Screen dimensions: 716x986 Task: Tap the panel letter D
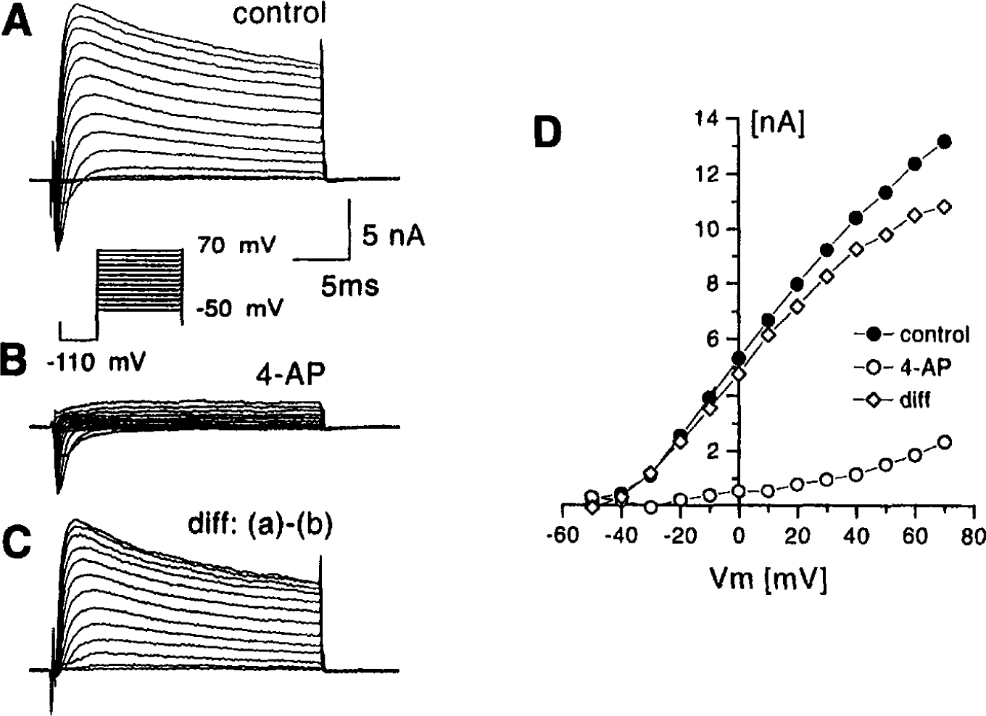[548, 133]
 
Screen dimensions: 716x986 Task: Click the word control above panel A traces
[279, 13]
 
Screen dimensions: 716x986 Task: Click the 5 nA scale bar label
[393, 236]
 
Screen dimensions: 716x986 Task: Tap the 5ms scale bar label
[349, 287]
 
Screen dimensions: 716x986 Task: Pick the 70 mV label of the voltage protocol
[236, 246]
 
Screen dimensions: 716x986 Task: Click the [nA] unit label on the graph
[777, 125]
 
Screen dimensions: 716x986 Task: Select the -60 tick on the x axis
[563, 536]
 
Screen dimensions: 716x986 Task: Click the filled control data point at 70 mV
[944, 141]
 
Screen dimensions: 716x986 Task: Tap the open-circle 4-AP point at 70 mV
[944, 442]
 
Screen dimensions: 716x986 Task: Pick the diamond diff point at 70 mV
[944, 207]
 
